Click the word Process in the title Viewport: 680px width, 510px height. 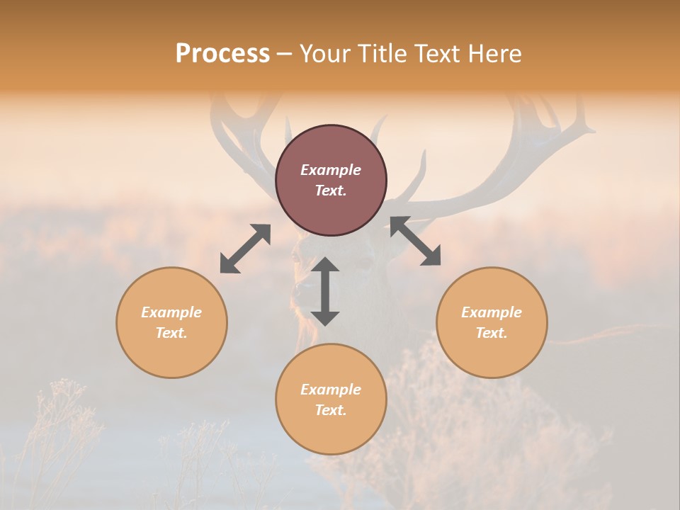pos(222,54)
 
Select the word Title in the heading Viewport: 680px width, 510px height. pos(382,54)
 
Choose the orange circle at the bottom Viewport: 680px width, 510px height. pos(331,425)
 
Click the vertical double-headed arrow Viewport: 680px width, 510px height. pos(325,291)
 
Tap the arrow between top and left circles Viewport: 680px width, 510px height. pos(245,249)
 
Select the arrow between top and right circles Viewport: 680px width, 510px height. pos(415,242)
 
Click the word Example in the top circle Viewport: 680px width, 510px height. pos(331,170)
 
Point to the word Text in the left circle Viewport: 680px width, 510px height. pos(171,333)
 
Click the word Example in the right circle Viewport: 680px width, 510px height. pos(492,312)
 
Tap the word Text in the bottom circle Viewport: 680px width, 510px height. pos(331,410)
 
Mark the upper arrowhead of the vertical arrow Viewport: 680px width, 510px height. pos(325,266)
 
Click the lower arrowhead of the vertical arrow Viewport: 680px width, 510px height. pos(325,317)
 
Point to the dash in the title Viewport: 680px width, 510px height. pos(284,54)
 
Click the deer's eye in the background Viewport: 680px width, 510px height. pos(363,263)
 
